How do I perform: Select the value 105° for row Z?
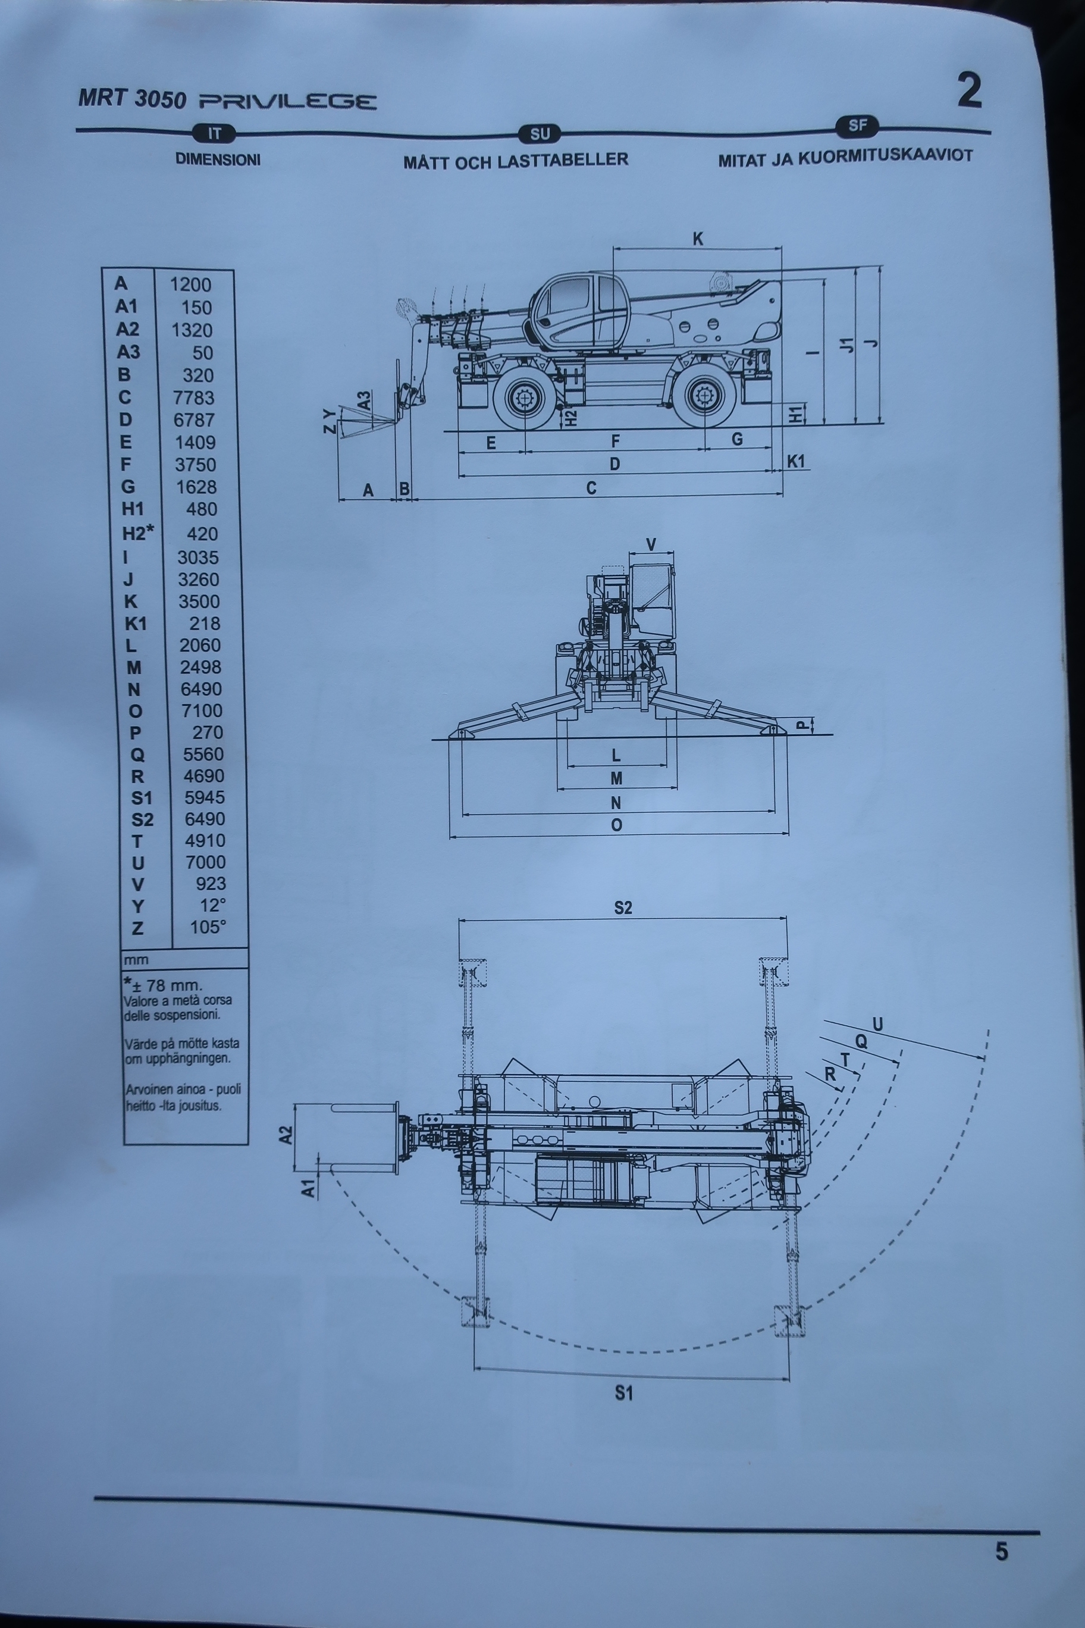click(208, 927)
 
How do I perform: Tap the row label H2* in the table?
click(137, 533)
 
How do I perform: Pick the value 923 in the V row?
click(211, 883)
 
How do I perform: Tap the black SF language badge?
click(857, 126)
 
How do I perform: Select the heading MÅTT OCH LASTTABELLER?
click(516, 161)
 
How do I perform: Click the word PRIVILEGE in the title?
click(288, 102)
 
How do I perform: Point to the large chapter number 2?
click(970, 90)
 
